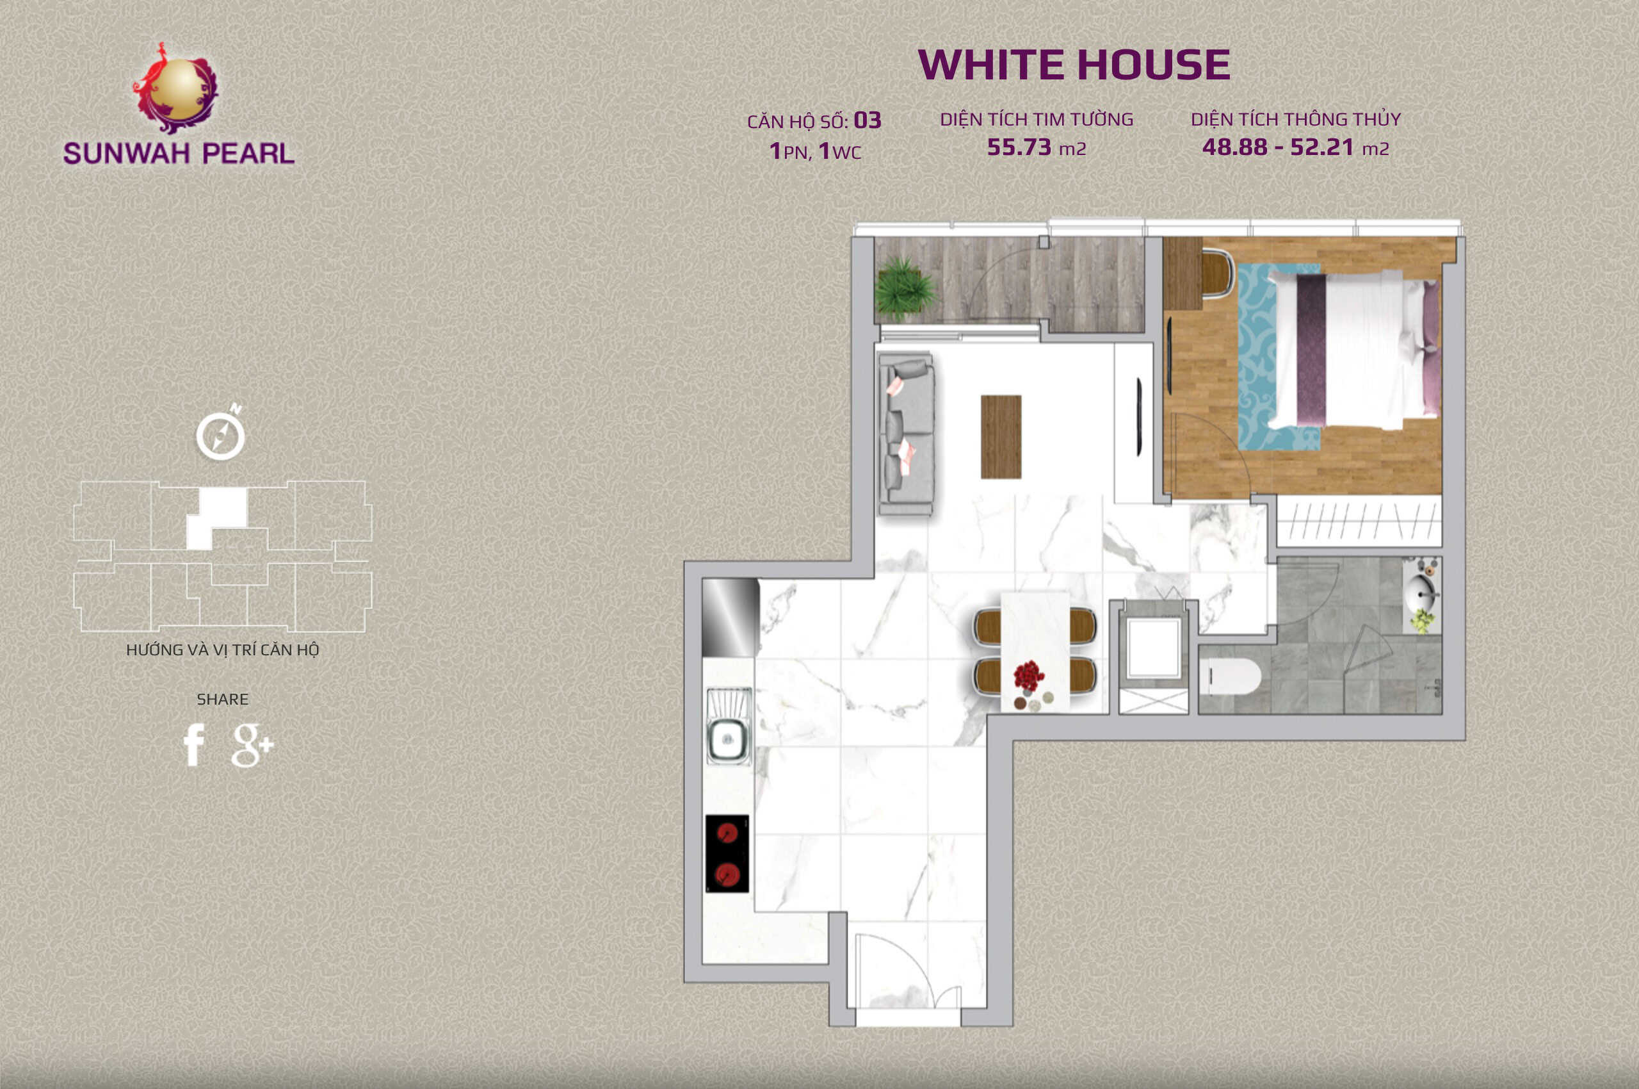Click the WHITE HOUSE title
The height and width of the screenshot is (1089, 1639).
pos(1074,65)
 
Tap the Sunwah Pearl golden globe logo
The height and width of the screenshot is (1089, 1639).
pos(176,88)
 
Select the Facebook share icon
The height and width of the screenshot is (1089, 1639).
pos(194,744)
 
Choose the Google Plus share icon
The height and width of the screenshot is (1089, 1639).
pos(252,745)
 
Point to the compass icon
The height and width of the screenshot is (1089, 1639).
pos(221,435)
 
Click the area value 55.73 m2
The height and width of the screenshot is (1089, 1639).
pos(1037,147)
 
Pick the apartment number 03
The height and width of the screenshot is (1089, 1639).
pos(867,121)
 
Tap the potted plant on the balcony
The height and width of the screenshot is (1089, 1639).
pos(903,288)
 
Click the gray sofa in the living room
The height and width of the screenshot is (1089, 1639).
pos(906,434)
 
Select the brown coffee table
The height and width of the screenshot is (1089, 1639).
pos(1000,437)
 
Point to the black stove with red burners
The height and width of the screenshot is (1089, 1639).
pos(727,853)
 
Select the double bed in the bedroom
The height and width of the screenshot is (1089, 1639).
pos(1352,348)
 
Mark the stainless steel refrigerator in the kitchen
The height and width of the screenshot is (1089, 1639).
pos(731,618)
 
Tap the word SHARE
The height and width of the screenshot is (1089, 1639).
pos(222,700)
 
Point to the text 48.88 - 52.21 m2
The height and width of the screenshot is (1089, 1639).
pos(1295,147)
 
